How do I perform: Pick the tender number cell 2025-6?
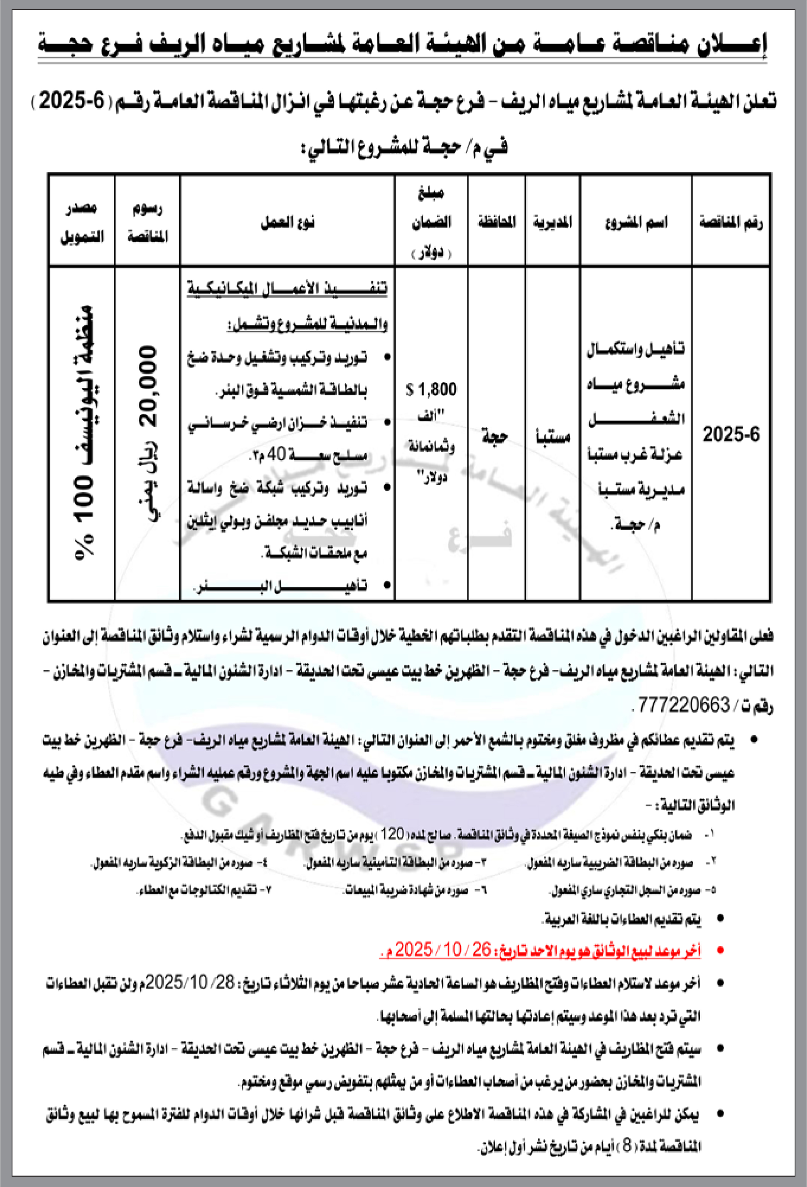(x=731, y=435)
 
